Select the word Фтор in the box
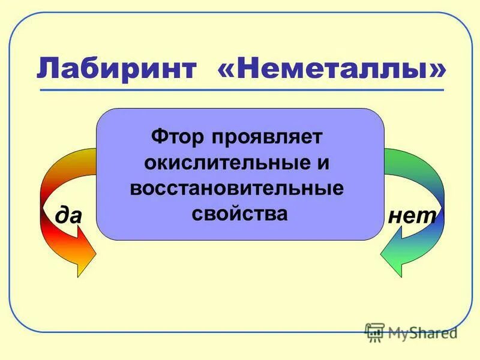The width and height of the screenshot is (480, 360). click(176, 136)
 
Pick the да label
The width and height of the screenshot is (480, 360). click(68, 215)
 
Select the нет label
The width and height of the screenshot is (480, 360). click(411, 215)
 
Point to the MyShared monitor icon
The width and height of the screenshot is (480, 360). click(375, 332)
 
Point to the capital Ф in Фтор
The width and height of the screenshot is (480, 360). click(158, 136)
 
